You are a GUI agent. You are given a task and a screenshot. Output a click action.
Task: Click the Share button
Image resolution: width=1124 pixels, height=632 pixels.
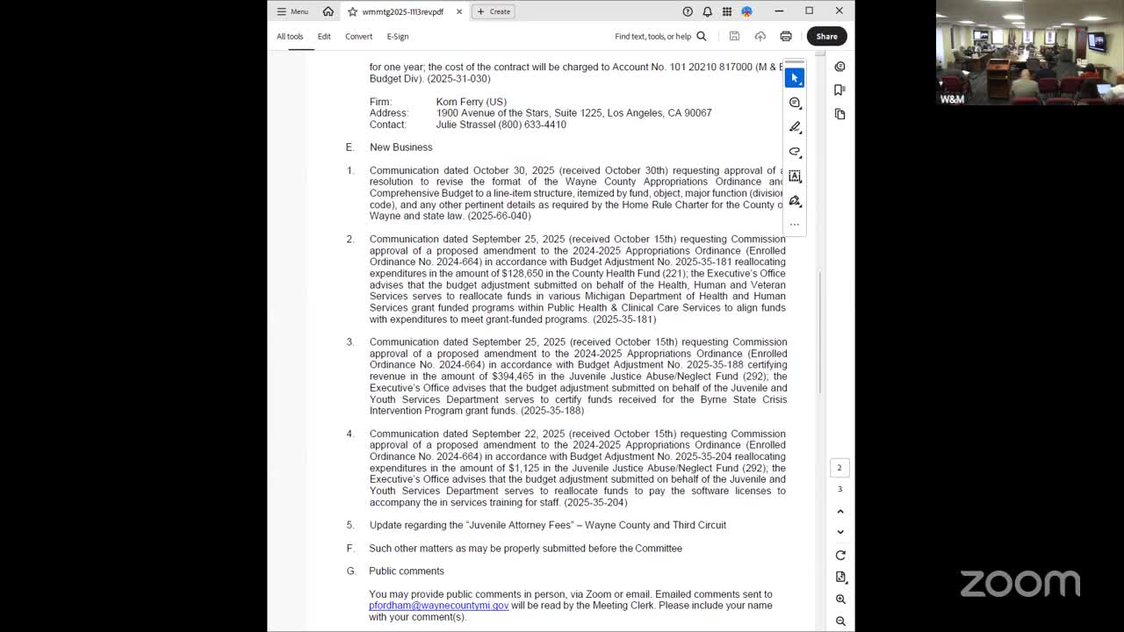point(826,36)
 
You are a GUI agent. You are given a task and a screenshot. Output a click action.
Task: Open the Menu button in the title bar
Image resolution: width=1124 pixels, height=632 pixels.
point(292,11)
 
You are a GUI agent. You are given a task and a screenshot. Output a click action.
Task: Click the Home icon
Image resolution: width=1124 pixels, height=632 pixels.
point(328,11)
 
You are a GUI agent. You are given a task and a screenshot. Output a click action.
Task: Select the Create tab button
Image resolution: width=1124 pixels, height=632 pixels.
point(494,11)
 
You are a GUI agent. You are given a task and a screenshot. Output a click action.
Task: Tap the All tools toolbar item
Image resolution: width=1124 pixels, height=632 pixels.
point(290,36)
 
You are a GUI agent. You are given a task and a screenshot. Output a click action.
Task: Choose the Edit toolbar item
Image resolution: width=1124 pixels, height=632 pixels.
point(324,36)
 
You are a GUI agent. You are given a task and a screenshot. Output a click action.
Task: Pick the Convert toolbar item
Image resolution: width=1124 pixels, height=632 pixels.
point(358,36)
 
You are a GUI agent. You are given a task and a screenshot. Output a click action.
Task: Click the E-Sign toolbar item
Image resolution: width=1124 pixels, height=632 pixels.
point(398,36)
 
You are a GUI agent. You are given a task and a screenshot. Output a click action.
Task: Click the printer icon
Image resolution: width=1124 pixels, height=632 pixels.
point(786,36)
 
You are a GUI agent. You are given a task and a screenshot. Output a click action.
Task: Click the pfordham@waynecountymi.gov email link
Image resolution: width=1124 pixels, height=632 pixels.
point(438,606)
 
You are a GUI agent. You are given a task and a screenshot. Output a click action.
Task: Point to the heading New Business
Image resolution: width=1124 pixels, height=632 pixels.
point(400,147)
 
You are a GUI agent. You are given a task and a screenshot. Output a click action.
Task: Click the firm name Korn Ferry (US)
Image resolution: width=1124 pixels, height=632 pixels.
point(471,102)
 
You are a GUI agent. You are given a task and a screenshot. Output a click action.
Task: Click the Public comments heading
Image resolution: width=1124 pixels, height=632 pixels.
point(407,571)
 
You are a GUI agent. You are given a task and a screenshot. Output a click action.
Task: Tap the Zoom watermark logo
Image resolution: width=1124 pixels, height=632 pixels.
point(1020,584)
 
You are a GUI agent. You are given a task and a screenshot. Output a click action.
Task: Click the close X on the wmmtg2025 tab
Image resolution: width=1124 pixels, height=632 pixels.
point(459,11)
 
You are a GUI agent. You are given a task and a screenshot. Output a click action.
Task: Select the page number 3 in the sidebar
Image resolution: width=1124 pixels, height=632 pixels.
point(839,489)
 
